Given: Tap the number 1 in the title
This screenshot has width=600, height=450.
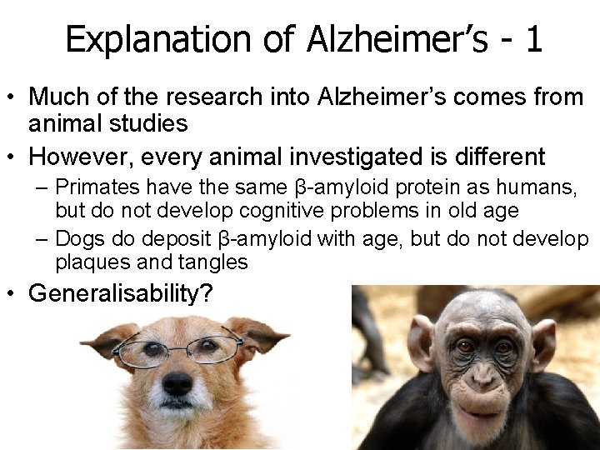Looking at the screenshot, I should tap(533, 39).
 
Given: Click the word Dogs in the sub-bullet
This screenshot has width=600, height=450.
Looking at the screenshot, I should tap(79, 239).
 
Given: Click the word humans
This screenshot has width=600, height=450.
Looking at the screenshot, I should tap(538, 187).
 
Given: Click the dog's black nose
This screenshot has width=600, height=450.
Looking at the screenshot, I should tap(177, 384).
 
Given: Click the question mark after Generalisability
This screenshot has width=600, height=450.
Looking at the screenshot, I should tap(206, 293).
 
